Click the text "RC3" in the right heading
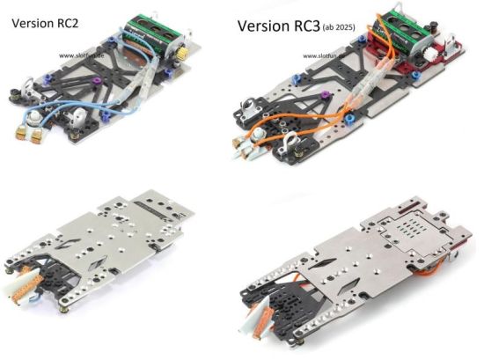(x=306, y=26)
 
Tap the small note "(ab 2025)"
(x=339, y=27)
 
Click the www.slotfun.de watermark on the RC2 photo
(x=81, y=55)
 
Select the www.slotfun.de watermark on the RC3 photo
(x=324, y=55)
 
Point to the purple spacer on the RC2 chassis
(x=97, y=82)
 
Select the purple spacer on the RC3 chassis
(x=325, y=95)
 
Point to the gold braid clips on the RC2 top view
(x=29, y=134)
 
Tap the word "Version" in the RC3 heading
(x=263, y=26)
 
